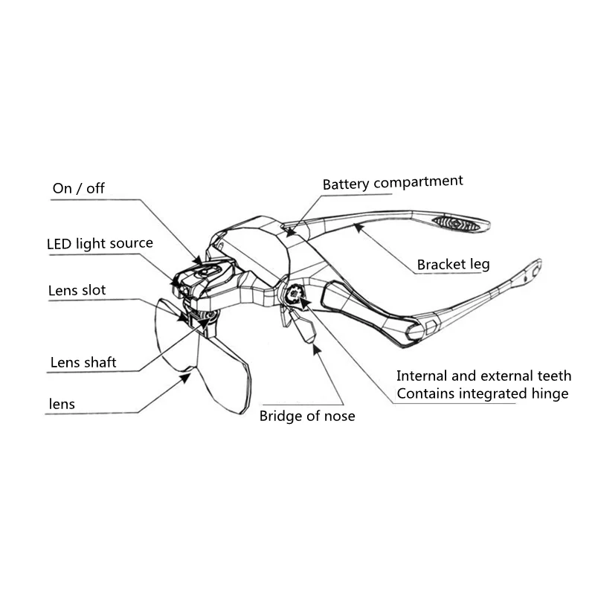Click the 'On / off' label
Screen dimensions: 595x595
78,188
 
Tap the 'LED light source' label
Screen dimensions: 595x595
100,243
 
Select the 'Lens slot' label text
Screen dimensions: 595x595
77,290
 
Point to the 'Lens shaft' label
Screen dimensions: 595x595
83,363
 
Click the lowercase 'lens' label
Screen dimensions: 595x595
62,405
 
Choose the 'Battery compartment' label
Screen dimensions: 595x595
393,182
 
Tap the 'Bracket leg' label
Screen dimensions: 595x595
453,264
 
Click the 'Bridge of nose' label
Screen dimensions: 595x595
307,416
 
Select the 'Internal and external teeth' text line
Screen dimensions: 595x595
484,376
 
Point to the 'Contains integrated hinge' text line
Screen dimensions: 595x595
483,394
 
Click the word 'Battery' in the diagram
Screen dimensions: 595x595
346,183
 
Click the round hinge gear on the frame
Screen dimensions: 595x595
295,295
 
